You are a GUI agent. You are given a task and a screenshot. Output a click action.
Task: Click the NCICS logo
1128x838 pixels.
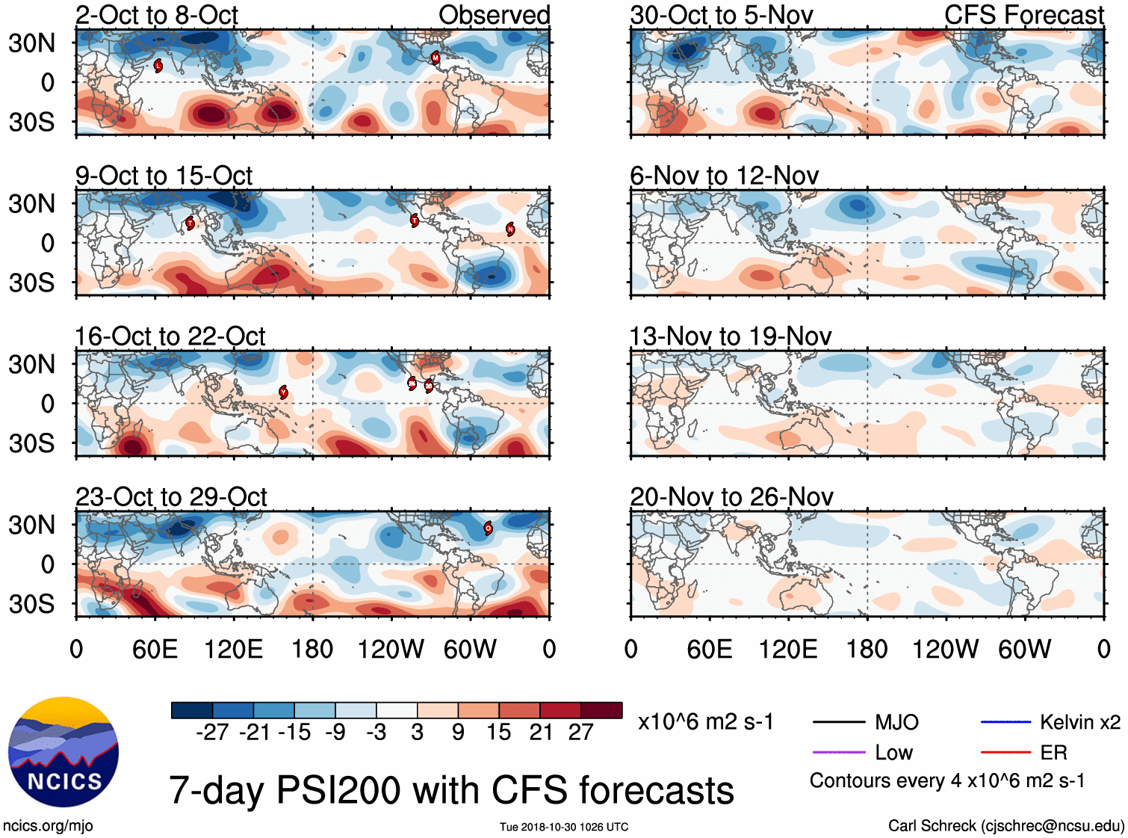pos(63,751)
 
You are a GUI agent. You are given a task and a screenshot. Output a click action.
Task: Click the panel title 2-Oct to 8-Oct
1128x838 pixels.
pos(156,15)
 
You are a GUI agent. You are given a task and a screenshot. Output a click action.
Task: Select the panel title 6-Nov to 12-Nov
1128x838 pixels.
pos(724,176)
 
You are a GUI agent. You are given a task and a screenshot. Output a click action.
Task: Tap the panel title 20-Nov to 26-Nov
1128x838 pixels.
pos(731,497)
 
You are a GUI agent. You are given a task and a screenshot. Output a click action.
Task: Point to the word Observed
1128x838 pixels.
pos(494,15)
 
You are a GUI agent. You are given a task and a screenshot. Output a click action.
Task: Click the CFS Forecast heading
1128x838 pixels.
pos(1023,15)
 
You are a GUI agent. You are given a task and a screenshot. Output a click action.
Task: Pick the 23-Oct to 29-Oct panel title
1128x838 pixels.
pos(171,497)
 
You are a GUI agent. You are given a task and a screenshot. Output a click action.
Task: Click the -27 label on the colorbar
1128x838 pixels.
pos(212,732)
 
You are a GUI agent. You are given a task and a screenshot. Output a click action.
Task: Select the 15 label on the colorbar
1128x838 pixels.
pos(498,732)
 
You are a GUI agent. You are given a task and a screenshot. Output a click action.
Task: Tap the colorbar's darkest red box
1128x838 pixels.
pos(601,710)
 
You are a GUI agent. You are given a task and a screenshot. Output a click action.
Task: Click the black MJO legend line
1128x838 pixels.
pos(839,722)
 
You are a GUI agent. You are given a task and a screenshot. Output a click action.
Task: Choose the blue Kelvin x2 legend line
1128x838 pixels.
pos(1005,722)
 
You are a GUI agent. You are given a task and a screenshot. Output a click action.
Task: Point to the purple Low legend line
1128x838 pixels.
pos(839,752)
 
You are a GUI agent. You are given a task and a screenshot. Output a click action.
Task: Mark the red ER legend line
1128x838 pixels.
pos(1005,752)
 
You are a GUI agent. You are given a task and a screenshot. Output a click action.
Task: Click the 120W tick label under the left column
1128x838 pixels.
pos(391,649)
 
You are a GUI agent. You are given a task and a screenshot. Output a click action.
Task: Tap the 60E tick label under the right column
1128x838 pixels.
pos(709,649)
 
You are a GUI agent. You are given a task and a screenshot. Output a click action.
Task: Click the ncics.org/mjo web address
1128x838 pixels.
pos(48,826)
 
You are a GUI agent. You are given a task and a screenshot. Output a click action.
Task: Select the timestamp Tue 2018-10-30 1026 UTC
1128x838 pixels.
pos(564,827)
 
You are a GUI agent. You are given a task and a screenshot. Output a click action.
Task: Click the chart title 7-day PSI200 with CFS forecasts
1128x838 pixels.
pos(451,790)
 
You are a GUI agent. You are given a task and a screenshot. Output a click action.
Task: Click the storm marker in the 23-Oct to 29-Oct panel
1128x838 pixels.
pos(488,528)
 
